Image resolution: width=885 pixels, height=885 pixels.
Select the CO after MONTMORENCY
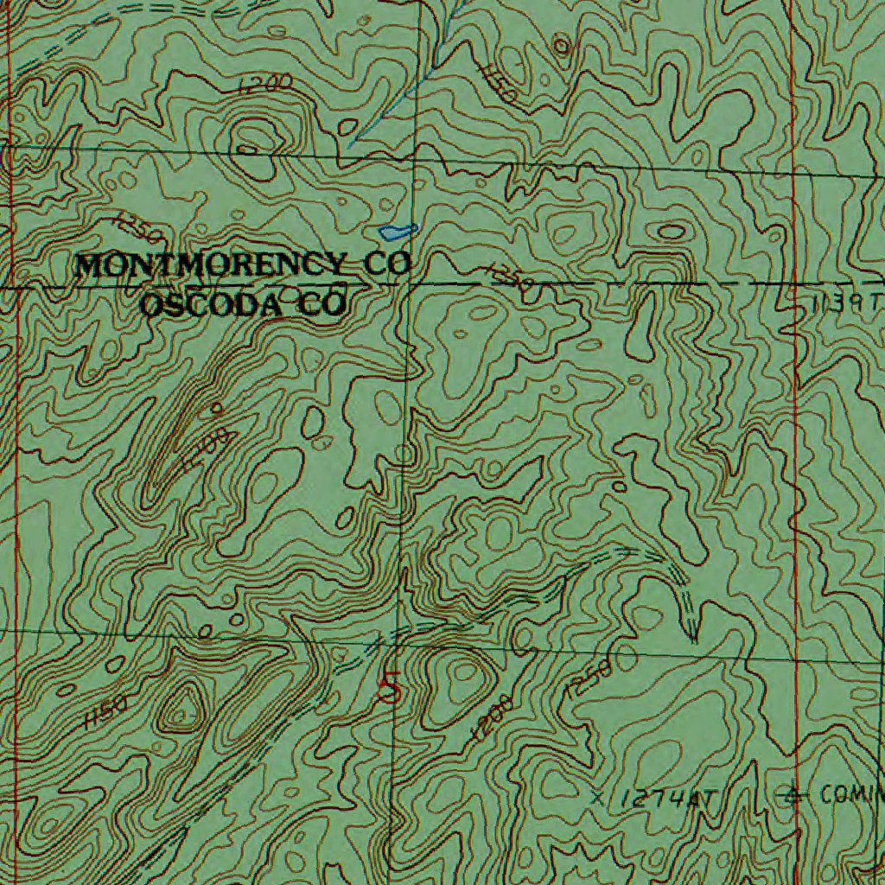click(386, 264)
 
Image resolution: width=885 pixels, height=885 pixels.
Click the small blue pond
click(397, 232)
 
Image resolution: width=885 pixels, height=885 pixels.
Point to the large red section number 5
click(390, 686)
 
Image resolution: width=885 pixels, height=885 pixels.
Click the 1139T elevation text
click(847, 303)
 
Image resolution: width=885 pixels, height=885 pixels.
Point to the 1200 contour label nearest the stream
click(266, 84)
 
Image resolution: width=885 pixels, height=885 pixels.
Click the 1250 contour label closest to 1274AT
click(589, 679)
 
